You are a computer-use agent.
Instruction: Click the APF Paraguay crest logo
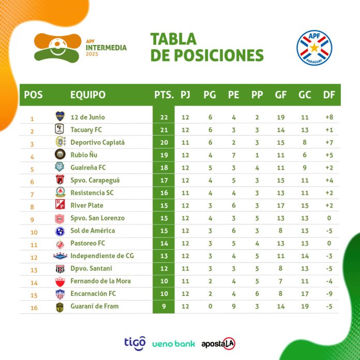point(314,48)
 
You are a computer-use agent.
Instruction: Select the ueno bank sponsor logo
point(174,343)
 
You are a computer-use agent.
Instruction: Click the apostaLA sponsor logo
point(218,343)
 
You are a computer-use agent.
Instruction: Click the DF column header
point(328,95)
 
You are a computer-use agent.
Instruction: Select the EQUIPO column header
point(87,95)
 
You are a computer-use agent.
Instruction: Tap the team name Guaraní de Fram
point(94,306)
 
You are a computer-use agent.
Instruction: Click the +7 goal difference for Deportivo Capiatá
point(329,142)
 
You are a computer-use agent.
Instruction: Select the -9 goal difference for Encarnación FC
point(329,294)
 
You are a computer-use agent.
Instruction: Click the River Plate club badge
point(60,205)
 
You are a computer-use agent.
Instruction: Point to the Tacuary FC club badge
point(60,130)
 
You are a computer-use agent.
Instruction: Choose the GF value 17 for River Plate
point(280,205)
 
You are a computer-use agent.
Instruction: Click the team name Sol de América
point(92,231)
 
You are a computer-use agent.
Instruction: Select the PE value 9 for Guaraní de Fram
point(234,306)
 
